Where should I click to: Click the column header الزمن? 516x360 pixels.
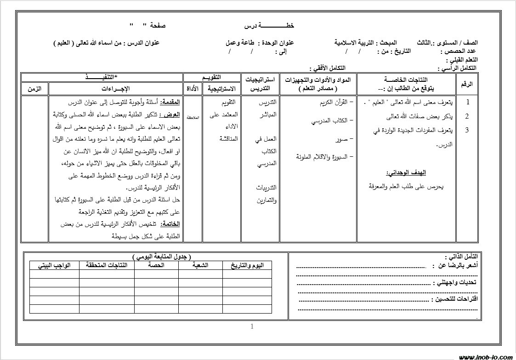(34, 88)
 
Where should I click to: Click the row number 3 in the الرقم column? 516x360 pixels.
(467, 130)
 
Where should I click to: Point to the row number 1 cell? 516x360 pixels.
(467, 103)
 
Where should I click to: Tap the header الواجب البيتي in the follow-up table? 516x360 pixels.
(54, 266)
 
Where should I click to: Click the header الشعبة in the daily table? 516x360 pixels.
(200, 266)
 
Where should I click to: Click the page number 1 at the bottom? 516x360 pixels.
(252, 327)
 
